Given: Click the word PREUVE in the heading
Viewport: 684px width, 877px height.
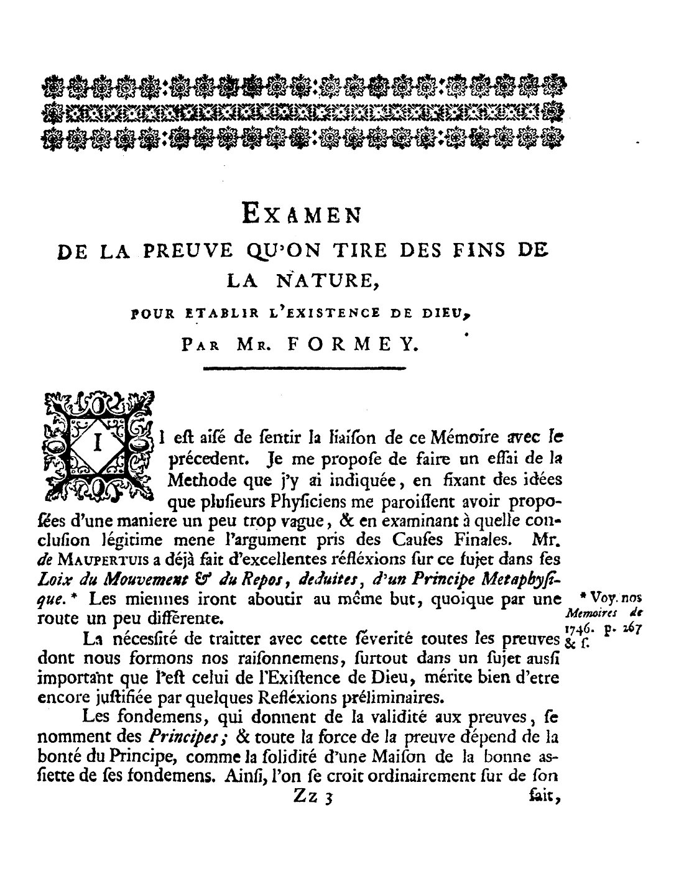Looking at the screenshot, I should click(x=188, y=252).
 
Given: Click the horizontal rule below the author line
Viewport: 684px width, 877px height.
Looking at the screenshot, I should click(x=304, y=370).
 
